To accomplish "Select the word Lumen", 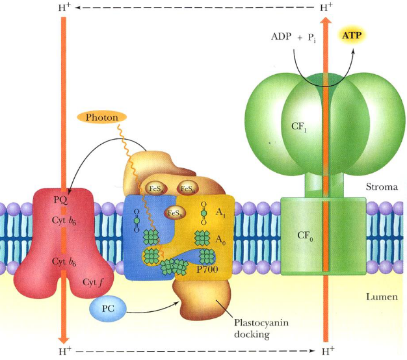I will [x=380, y=296].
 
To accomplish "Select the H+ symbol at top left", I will [x=64, y=8].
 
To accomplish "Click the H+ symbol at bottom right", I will [x=329, y=352].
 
